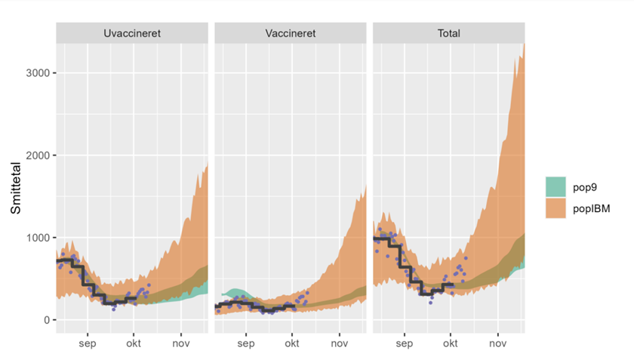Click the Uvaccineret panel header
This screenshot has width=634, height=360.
(132, 33)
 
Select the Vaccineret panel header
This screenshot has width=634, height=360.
(291, 33)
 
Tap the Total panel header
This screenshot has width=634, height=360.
(448, 33)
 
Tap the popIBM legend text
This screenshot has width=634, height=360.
(594, 208)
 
